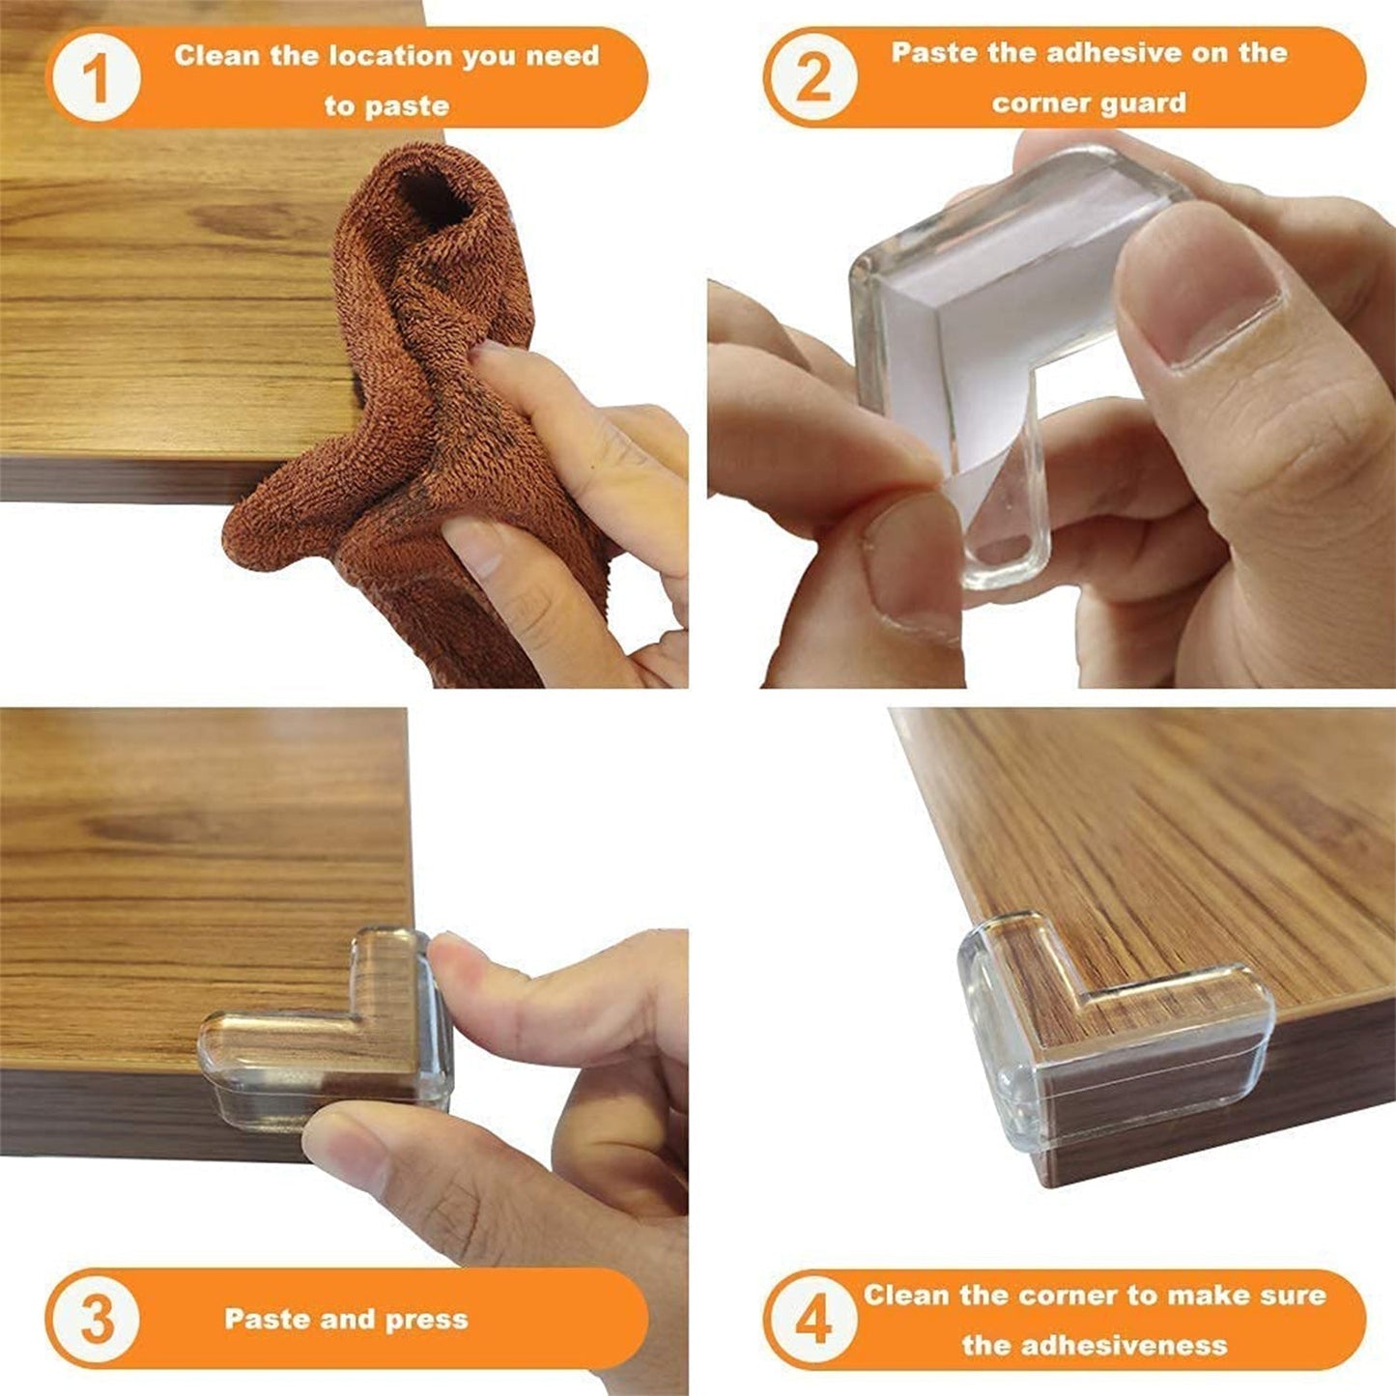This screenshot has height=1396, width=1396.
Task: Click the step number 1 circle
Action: (96, 78)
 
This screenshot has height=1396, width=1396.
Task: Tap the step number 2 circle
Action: (812, 78)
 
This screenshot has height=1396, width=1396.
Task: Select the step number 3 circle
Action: (96, 1319)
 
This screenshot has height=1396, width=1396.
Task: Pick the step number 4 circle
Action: (812, 1319)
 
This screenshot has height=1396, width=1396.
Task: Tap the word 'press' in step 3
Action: (426, 1320)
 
